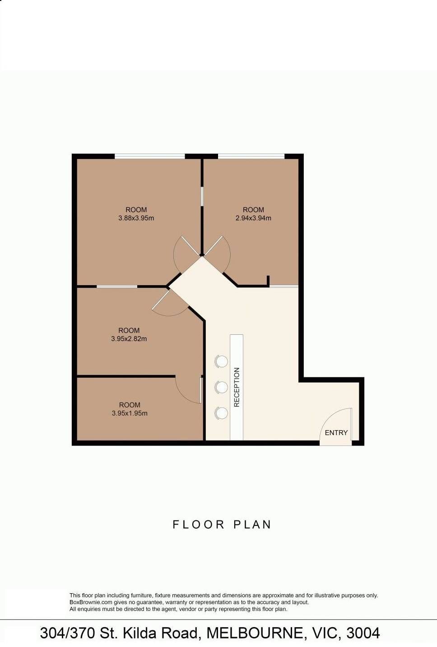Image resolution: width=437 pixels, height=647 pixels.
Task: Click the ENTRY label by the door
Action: pyautogui.click(x=336, y=433)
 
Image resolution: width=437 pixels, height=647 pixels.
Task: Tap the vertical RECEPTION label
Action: pyautogui.click(x=237, y=387)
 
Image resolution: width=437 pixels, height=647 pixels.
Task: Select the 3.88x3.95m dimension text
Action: pyautogui.click(x=136, y=218)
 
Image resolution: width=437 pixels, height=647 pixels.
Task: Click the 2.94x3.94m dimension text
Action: pyautogui.click(x=253, y=218)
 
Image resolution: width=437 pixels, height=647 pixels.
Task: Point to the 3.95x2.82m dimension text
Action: pyautogui.click(x=129, y=339)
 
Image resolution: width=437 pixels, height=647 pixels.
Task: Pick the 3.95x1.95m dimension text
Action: pyautogui.click(x=130, y=413)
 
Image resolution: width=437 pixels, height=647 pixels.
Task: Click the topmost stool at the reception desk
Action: pyautogui.click(x=221, y=361)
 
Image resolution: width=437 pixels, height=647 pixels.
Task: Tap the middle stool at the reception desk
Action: pyautogui.click(x=221, y=387)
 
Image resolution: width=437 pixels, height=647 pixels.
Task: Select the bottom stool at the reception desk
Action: pyautogui.click(x=221, y=413)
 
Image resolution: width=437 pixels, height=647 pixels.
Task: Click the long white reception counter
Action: pyautogui.click(x=237, y=387)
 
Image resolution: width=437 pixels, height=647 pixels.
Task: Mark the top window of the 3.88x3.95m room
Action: pyautogui.click(x=150, y=156)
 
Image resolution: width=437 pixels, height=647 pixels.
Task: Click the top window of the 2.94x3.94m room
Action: pyautogui.click(x=251, y=156)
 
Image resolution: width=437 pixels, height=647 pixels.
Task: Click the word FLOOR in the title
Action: pyautogui.click(x=198, y=525)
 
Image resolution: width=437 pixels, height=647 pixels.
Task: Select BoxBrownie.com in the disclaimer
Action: pyautogui.click(x=91, y=602)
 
